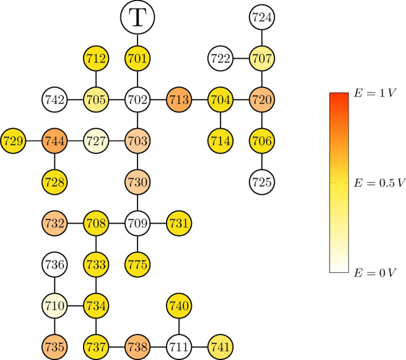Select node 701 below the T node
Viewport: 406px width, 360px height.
pyautogui.click(x=138, y=58)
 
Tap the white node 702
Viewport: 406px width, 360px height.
pyautogui.click(x=138, y=100)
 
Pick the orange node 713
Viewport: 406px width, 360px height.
pyautogui.click(x=179, y=100)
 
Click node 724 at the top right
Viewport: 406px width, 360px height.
pyautogui.click(x=261, y=17)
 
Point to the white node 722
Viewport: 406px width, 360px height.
pyautogui.click(x=220, y=58)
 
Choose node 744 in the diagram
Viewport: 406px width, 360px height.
pyautogui.click(x=55, y=141)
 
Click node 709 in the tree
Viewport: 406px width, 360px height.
pyautogui.click(x=138, y=224)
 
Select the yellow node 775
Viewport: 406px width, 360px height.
pyautogui.click(x=138, y=265)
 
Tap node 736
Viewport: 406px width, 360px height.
pyautogui.click(x=55, y=265)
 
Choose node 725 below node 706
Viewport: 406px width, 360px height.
pyautogui.click(x=261, y=182)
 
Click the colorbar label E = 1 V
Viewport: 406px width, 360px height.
pyautogui.click(x=375, y=93)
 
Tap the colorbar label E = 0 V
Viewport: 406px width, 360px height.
pyautogui.click(x=375, y=272)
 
